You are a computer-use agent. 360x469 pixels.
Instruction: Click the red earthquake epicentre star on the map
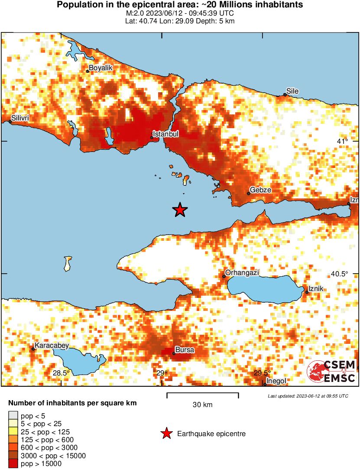coord(180,210)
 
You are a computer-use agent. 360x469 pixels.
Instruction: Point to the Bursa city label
coord(184,349)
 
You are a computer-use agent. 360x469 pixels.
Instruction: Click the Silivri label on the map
coord(20,118)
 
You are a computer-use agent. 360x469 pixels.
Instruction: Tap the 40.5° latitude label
coord(339,274)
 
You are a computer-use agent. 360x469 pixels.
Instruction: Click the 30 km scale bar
coord(203,394)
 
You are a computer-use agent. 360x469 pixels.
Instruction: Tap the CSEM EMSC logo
coord(331,372)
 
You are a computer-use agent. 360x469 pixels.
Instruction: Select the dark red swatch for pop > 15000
coord(13,463)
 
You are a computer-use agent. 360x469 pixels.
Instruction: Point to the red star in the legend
coord(165,433)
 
